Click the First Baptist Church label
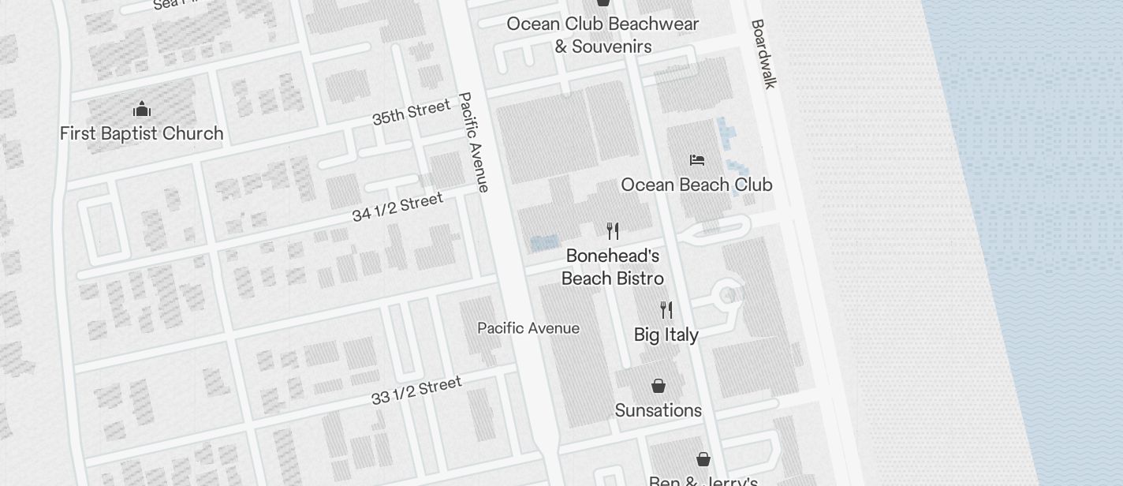point(142,133)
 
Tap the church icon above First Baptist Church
point(142,109)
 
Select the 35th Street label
point(411,112)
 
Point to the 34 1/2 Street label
point(397,207)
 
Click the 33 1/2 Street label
point(416,390)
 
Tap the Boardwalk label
point(763,54)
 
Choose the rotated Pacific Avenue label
point(473,142)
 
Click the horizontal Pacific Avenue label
point(528,328)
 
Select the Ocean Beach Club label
point(696,185)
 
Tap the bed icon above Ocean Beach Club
point(696,160)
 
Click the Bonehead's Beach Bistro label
point(613,267)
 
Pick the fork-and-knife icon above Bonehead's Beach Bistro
point(613,231)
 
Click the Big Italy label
point(666,335)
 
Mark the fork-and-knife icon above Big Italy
point(666,309)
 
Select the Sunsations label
point(659,410)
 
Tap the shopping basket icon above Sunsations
point(659,386)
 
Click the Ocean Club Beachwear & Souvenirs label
point(603,35)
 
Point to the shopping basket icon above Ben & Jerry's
point(703,459)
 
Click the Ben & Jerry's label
point(703,480)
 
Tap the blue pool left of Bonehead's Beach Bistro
point(545,243)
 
